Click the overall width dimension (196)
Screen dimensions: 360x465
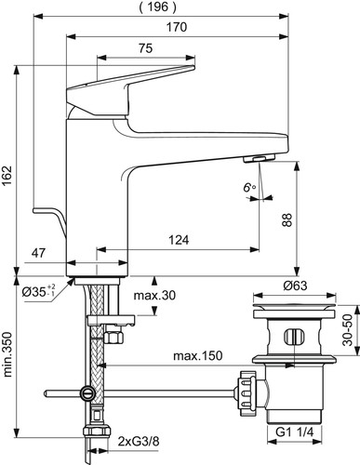(157, 7)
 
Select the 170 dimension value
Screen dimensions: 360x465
(177, 27)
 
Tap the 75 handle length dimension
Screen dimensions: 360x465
(145, 48)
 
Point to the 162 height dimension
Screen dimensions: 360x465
(7, 176)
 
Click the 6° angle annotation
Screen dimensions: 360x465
(249, 187)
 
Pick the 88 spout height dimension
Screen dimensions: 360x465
(287, 219)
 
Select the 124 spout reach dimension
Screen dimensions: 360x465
(179, 240)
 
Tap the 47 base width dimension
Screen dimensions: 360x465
(39, 253)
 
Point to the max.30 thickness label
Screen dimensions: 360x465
(154, 296)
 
